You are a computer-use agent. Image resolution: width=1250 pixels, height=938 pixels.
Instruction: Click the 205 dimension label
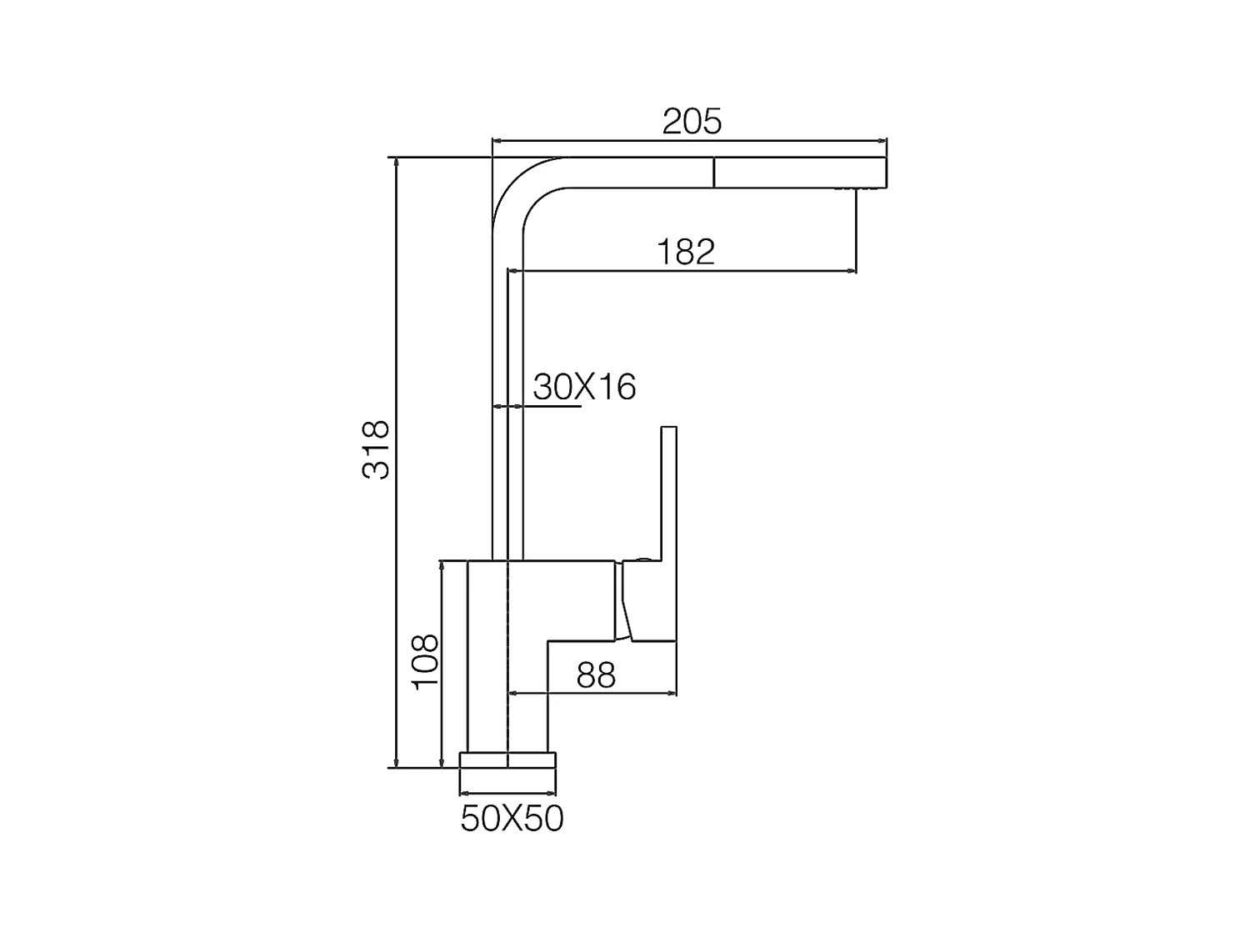point(692,121)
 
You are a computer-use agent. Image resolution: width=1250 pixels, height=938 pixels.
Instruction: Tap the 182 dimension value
point(686,252)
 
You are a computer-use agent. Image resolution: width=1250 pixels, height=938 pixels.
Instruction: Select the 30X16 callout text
point(584,387)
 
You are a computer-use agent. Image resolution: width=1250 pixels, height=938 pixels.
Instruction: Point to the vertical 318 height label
point(376,449)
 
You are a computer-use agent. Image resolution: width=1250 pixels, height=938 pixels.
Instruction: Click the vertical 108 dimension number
point(425,662)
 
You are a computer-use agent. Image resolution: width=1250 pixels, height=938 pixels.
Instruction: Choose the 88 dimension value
point(596,675)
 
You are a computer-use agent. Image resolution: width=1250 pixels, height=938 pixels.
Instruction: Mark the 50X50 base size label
point(512,819)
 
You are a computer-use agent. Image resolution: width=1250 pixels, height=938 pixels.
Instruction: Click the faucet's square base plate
point(507,760)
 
